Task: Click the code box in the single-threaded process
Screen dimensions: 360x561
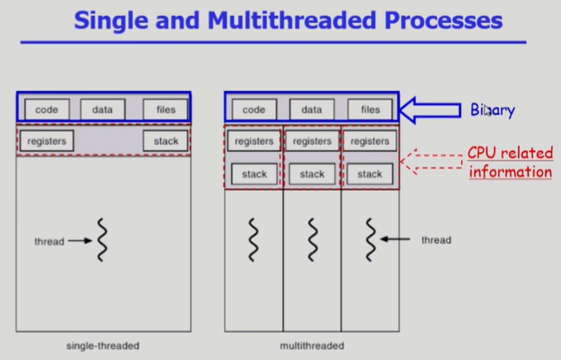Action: coord(46,109)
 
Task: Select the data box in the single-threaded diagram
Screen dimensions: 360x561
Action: coord(102,109)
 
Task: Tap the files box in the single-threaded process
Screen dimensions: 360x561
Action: coord(165,109)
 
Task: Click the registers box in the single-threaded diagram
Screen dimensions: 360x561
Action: coord(46,142)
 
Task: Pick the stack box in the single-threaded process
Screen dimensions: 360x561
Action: coord(165,142)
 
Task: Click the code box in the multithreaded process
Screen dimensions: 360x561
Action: coord(254,109)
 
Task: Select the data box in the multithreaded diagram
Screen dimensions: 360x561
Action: coord(312,109)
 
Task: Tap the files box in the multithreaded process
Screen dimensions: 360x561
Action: coord(370,109)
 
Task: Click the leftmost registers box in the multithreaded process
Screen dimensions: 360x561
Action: coord(254,142)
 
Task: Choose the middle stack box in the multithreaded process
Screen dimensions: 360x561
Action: coord(312,174)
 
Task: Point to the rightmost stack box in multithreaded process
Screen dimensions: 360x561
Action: coord(370,174)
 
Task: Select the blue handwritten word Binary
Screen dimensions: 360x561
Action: coord(492,110)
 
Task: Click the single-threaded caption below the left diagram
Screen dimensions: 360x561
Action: coord(103,346)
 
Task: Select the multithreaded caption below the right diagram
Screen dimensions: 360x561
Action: coord(312,346)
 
